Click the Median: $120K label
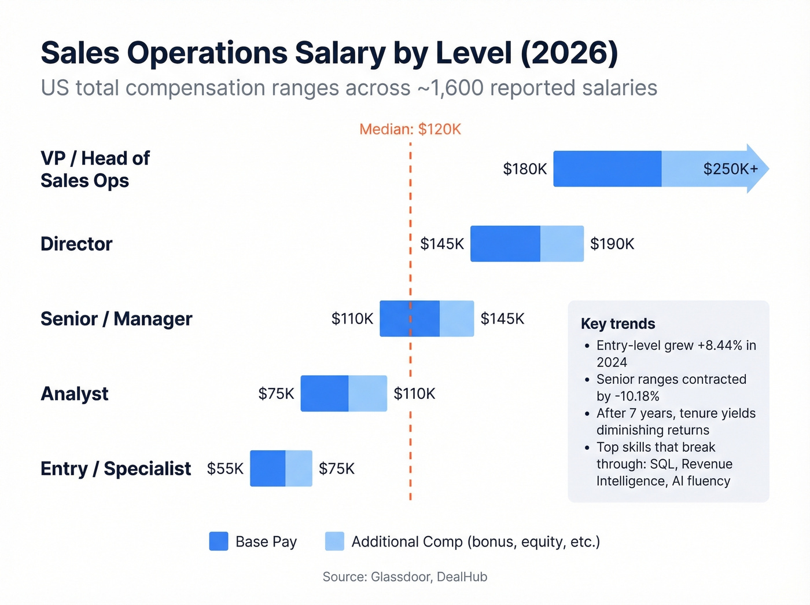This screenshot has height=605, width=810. click(410, 129)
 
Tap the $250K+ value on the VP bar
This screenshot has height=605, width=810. click(730, 169)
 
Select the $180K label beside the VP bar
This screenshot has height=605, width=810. click(524, 169)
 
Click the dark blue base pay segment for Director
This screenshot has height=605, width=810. click(505, 244)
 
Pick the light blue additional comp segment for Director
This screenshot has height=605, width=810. click(562, 244)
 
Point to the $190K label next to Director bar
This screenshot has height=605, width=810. click(612, 244)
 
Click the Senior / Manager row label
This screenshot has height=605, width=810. click(116, 319)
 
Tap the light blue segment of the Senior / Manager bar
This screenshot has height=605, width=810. click(456, 319)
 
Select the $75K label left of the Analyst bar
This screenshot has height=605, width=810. click(276, 394)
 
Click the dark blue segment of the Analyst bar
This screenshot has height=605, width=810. click(325, 394)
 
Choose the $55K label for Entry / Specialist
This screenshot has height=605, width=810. click(225, 468)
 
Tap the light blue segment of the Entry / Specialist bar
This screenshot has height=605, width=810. click(299, 468)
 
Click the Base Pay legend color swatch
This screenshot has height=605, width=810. click(219, 541)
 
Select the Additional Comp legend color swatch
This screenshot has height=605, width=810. click(334, 541)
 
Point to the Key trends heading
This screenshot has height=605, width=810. click(618, 324)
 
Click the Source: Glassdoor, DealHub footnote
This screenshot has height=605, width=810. click(405, 577)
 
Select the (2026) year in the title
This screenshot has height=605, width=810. click(569, 53)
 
